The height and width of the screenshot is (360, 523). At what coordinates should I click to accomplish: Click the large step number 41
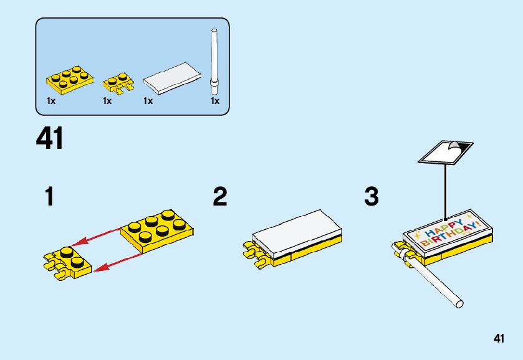(x=50, y=138)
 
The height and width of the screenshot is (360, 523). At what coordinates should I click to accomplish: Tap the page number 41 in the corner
(x=498, y=339)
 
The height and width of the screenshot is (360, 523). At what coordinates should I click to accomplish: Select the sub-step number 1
(x=49, y=197)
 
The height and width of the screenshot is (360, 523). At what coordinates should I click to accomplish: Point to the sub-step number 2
(x=219, y=197)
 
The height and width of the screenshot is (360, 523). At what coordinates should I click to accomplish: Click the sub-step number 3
(x=372, y=197)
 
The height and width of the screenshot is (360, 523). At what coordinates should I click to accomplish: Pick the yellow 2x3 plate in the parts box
(x=69, y=78)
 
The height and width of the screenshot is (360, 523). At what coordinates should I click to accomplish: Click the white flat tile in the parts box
(x=173, y=77)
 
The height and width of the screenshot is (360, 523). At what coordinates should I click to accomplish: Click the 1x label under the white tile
(x=148, y=101)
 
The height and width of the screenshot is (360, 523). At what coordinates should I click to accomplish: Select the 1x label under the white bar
(x=215, y=101)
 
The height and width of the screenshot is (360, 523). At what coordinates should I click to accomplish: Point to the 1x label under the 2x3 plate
(x=51, y=101)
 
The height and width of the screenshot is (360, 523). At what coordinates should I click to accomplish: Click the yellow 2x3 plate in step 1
(x=158, y=229)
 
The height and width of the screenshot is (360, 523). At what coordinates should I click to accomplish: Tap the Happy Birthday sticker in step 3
(x=449, y=230)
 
